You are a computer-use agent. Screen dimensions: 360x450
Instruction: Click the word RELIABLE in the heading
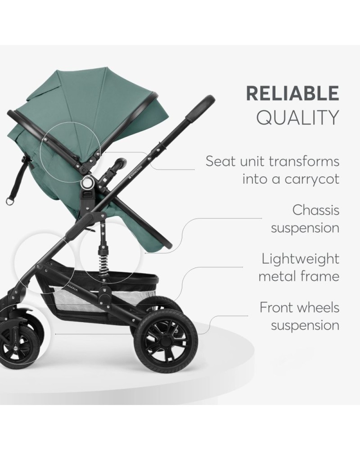pyautogui.click(x=292, y=93)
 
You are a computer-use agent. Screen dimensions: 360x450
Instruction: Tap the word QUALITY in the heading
pyautogui.click(x=298, y=117)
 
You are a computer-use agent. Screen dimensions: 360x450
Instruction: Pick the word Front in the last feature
pyautogui.click(x=278, y=307)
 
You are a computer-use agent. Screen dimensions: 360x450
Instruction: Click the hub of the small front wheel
pyautogui.click(x=15, y=348)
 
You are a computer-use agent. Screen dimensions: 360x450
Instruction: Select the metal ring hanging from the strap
pyautogui.click(x=10, y=201)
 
